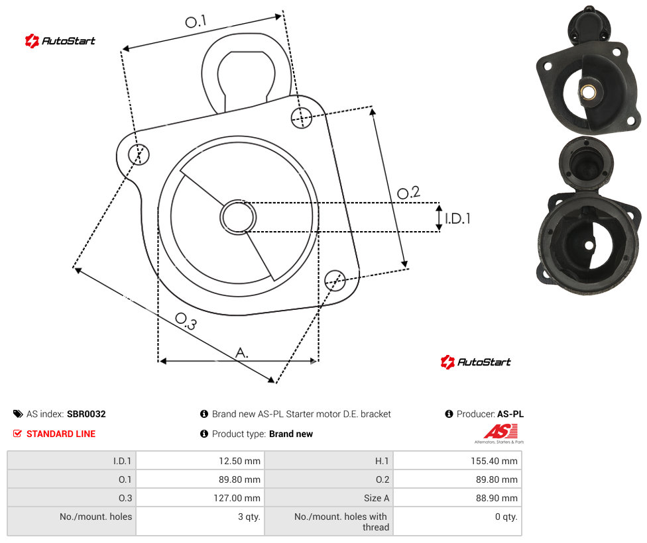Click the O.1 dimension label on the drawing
(x=196, y=21)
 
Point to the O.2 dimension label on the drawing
(x=408, y=193)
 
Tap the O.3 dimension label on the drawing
(x=186, y=321)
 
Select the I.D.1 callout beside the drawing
(x=457, y=219)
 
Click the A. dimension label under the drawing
(x=242, y=353)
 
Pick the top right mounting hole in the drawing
(x=302, y=118)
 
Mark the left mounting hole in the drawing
(x=139, y=154)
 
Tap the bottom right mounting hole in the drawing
(x=335, y=280)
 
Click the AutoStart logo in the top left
(x=60, y=41)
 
